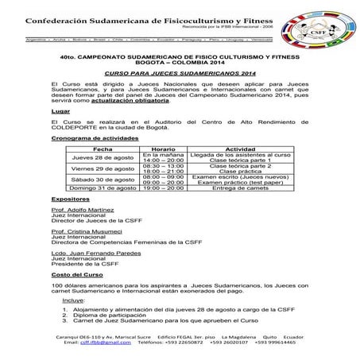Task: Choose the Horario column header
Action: coord(163,148)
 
